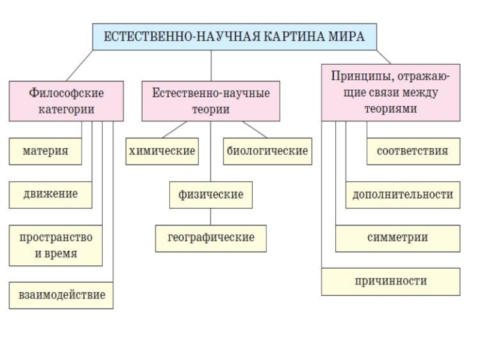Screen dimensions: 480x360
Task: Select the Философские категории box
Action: click(x=67, y=101)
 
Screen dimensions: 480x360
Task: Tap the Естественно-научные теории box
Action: click(x=211, y=101)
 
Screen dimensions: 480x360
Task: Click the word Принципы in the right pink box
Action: click(x=362, y=77)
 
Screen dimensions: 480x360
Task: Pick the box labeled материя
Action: click(x=46, y=151)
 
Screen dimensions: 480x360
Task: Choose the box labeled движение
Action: click(x=50, y=195)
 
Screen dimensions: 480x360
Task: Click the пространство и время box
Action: click(x=56, y=245)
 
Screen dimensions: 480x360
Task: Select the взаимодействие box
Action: click(x=61, y=295)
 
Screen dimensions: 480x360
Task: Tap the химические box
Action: click(x=162, y=151)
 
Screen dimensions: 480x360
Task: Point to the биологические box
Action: click(x=268, y=151)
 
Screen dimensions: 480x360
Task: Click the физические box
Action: click(x=211, y=195)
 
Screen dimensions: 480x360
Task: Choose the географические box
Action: click(x=211, y=238)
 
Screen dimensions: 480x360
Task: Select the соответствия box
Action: click(x=413, y=151)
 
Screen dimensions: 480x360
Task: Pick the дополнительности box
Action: click(x=403, y=195)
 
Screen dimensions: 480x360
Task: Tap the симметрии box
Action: click(x=398, y=238)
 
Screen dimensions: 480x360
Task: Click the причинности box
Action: click(x=391, y=281)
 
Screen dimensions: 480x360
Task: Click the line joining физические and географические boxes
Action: click(x=211, y=217)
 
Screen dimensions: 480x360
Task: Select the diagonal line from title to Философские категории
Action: click(x=80, y=65)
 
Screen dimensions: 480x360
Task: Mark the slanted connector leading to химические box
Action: click(x=174, y=130)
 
